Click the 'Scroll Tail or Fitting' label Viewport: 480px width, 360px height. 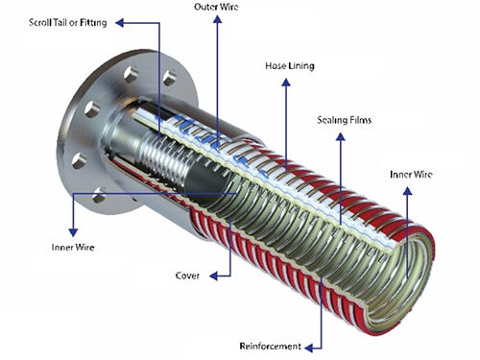(67, 23)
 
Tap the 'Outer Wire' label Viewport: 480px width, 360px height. (216, 7)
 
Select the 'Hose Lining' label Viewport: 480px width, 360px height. (290, 66)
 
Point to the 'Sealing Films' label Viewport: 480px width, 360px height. (344, 120)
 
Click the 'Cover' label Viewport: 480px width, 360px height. (187, 276)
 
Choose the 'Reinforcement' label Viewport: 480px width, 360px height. (270, 346)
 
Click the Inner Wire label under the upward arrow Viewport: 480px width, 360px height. (411, 175)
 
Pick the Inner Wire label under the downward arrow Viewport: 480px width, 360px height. (73, 247)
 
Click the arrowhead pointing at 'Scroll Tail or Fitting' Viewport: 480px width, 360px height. (119, 23)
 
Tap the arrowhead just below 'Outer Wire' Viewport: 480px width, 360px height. (218, 19)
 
